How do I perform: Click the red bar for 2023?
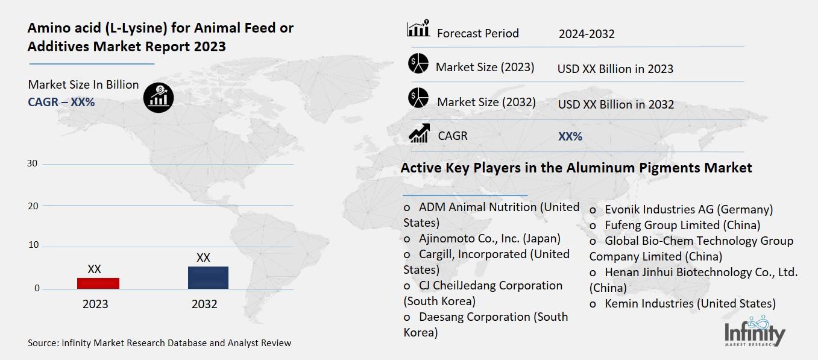[98, 283]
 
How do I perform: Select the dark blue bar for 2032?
[208, 277]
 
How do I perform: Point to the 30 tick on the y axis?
[32, 163]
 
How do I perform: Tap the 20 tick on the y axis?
[32, 206]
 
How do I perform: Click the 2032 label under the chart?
[204, 304]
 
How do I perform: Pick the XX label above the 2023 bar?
[94, 269]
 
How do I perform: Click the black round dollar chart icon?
[159, 96]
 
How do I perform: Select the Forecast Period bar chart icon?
[418, 28]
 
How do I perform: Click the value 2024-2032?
[587, 34]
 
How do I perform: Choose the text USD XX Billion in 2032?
[615, 104]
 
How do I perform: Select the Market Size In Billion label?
[83, 84]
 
